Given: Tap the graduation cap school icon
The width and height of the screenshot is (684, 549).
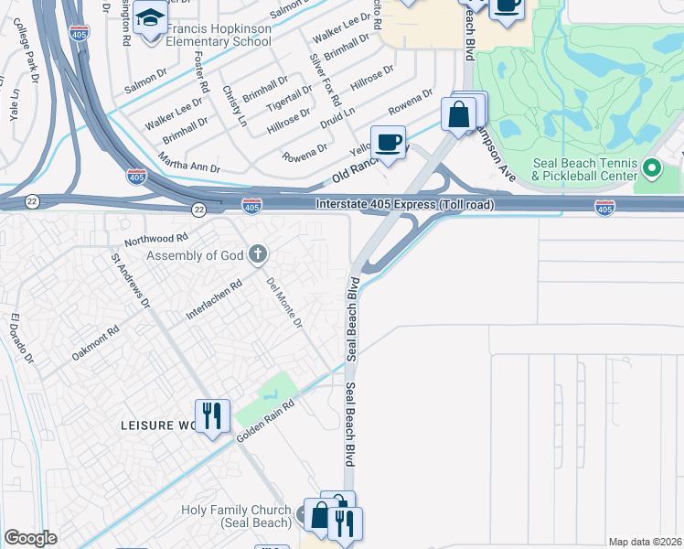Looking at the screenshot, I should (150, 18).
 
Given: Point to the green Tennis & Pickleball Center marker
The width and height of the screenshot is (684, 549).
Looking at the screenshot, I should (652, 168).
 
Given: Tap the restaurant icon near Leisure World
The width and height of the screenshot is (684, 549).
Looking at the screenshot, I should (212, 416).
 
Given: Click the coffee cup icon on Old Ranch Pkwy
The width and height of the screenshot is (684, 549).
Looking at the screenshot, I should (389, 142).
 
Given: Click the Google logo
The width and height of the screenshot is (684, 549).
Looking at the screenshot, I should (30, 538).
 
